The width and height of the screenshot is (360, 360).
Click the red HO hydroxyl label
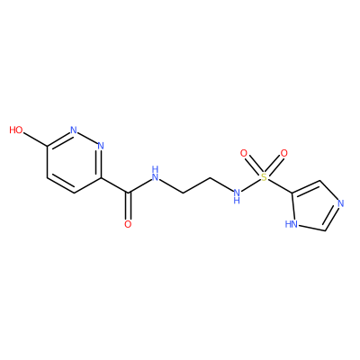[16, 130]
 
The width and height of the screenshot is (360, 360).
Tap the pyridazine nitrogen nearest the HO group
[74, 130]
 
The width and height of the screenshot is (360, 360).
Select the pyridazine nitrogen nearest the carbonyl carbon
[101, 146]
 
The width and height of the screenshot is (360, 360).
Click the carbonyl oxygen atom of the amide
[128, 224]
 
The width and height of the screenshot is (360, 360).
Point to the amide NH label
[155, 174]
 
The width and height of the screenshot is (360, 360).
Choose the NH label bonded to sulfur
[237, 196]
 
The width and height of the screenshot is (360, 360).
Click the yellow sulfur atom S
[264, 177]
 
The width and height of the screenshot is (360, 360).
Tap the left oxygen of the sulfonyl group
[244, 153]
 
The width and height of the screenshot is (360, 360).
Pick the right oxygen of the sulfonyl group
[283, 153]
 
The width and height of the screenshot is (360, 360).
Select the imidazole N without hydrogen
[340, 204]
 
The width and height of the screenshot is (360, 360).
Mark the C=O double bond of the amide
[129, 206]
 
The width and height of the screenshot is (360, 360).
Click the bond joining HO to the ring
[35, 139]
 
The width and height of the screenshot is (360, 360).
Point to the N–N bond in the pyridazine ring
[87, 138]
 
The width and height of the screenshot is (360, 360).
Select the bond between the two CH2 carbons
[196, 185]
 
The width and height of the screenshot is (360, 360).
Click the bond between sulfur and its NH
[250, 185]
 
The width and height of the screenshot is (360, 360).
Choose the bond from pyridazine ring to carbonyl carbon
[115, 185]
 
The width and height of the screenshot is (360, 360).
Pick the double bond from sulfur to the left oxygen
[254, 166]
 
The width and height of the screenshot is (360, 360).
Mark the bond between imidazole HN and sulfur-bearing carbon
[292, 206]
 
